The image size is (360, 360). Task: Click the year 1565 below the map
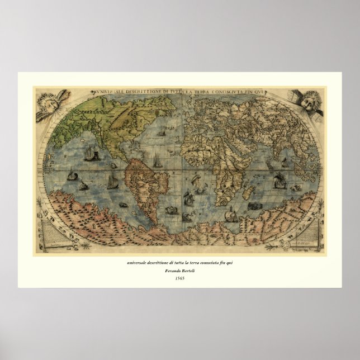click(180, 278)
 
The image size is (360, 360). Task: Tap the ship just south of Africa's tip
click(229, 214)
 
